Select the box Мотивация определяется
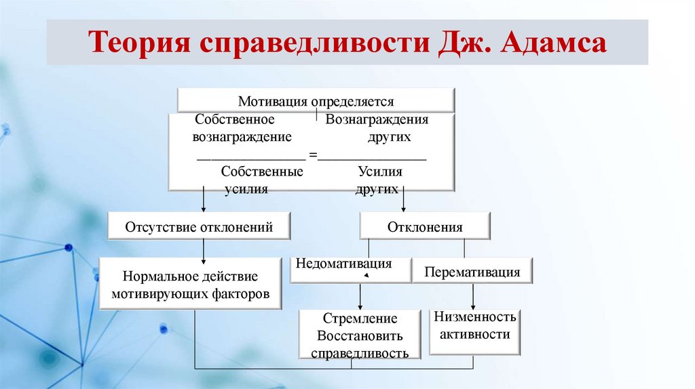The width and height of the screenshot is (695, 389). coord(316,102)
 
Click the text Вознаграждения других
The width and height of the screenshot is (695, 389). coord(377,128)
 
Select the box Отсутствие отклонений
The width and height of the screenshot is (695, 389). coord(199,227)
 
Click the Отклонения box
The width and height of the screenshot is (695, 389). coord(424,227)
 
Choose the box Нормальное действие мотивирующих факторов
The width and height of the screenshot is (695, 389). coord(191,285)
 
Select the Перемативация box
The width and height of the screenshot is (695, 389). coord(472,272)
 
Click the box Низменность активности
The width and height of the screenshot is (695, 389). coord(474,326)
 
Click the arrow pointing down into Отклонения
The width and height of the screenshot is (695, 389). coord(404,201)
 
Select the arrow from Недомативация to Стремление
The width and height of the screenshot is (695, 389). coord(360,296)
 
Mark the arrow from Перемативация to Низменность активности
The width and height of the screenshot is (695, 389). coord(473,295)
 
